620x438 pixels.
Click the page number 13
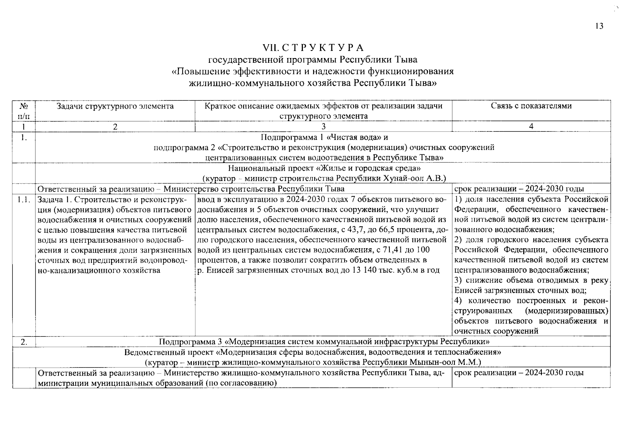(x=599, y=26)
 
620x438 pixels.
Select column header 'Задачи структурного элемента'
(x=115, y=106)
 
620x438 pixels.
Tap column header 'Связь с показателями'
(x=531, y=106)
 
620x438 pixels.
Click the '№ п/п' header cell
(x=24, y=111)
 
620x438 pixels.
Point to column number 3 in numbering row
(x=323, y=127)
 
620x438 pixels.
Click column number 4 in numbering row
(x=531, y=127)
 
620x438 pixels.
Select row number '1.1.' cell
(x=24, y=200)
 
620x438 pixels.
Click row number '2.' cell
(x=24, y=342)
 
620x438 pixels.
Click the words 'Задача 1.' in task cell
(x=53, y=200)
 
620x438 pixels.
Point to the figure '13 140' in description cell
(x=364, y=270)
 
